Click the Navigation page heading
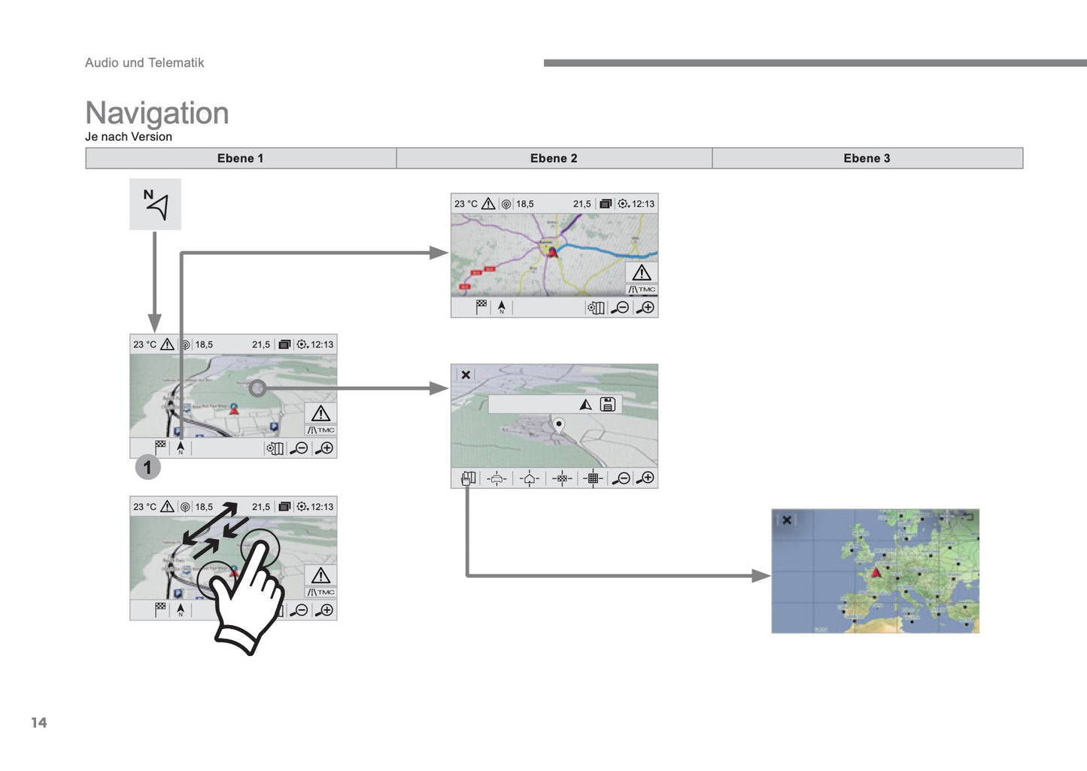pyautogui.click(x=156, y=113)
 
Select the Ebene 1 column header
pyautogui.click(x=240, y=158)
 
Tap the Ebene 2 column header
pyautogui.click(x=554, y=158)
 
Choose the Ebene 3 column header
pyautogui.click(x=867, y=158)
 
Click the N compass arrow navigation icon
pyautogui.click(x=156, y=204)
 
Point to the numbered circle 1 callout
pyautogui.click(x=147, y=467)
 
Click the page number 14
pyautogui.click(x=39, y=722)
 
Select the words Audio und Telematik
pyautogui.click(x=144, y=62)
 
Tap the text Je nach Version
pyautogui.click(x=129, y=137)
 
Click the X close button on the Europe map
pyautogui.click(x=786, y=520)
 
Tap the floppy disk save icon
pyautogui.click(x=608, y=405)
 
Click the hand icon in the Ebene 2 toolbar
pyautogui.click(x=468, y=478)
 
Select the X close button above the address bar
pyautogui.click(x=466, y=375)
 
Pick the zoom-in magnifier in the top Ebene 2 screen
pyautogui.click(x=645, y=308)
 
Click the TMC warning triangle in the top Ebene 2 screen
pyautogui.click(x=642, y=273)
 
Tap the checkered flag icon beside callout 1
pyautogui.click(x=161, y=447)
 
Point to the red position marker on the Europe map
pyautogui.click(x=876, y=574)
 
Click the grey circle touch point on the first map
pyautogui.click(x=257, y=388)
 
